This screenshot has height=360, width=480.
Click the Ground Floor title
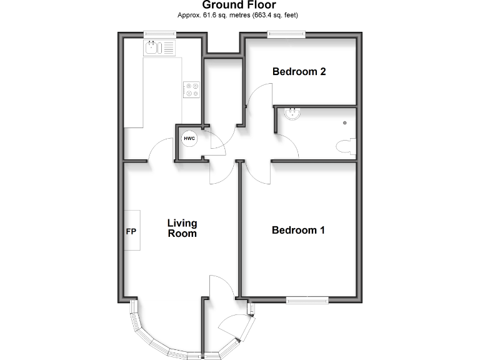point(240,5)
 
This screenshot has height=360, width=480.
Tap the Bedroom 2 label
point(299,72)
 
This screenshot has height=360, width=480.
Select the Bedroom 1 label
point(298,230)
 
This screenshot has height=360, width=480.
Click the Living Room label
point(182,228)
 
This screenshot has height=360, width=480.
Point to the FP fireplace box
point(131,231)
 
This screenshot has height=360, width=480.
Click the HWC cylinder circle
point(189,138)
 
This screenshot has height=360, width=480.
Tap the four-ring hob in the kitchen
point(191,90)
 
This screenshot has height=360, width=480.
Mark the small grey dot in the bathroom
point(344,122)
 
